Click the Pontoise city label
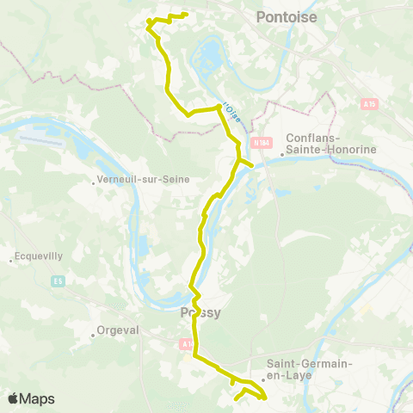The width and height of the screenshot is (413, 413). [287, 16]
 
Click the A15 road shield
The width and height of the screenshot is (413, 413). [370, 104]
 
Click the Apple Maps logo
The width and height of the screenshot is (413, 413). [31, 398]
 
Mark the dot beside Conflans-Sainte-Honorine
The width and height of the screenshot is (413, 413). [283, 155]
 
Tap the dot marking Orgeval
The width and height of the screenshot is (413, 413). [93, 335]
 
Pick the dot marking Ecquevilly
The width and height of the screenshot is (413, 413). [10, 256]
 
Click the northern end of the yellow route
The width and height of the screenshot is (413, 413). [186, 15]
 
